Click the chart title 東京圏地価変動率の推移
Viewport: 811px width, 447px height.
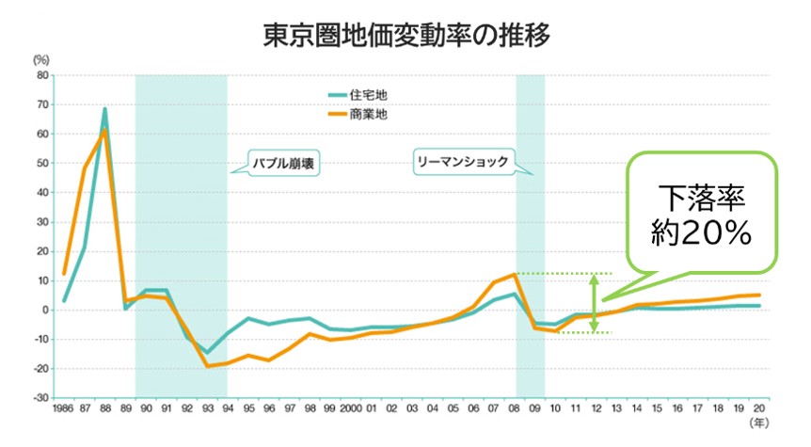click(x=405, y=36)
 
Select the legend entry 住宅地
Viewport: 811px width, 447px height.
click(x=367, y=94)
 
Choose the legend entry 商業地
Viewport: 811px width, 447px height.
click(x=367, y=114)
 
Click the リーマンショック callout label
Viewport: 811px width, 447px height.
click(x=462, y=162)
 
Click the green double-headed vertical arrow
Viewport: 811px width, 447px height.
click(x=594, y=303)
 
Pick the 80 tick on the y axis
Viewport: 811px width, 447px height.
click(x=42, y=76)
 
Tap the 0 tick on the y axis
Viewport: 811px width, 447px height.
click(x=45, y=311)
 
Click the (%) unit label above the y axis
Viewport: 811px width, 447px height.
click(x=40, y=59)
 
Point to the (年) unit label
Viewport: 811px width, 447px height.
click(x=759, y=425)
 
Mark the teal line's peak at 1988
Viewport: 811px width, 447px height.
click(x=104, y=109)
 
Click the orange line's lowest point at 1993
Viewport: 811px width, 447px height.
click(x=207, y=366)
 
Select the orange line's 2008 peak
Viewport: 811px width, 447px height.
click(x=516, y=275)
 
